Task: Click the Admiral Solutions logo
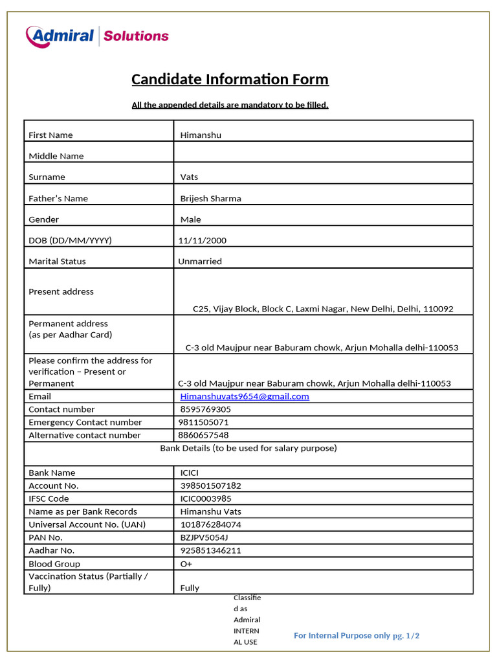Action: click(97, 36)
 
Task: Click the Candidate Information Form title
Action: click(230, 80)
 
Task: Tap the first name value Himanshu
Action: click(201, 135)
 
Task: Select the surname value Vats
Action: click(189, 177)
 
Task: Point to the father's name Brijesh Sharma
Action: click(210, 199)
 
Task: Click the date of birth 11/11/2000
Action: click(203, 241)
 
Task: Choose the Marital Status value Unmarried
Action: click(200, 262)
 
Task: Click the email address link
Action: click(245, 396)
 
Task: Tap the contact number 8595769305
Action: click(205, 409)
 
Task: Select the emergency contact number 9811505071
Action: click(203, 422)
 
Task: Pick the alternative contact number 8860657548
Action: click(203, 435)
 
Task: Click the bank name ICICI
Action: click(191, 473)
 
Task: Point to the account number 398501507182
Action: click(210, 486)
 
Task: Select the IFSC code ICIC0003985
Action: click(206, 499)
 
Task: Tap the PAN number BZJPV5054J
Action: click(204, 537)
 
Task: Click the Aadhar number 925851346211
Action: click(210, 550)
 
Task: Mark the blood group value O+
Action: click(186, 564)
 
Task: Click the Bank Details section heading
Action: click(248, 448)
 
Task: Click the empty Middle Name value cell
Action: click(323, 153)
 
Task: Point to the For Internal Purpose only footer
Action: click(357, 635)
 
